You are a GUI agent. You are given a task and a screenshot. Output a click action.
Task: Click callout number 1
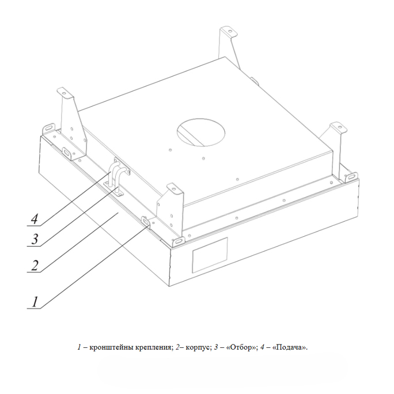point(35,302)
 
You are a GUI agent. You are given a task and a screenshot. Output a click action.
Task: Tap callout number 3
point(35,239)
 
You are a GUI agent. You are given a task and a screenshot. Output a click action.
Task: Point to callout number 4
point(35,218)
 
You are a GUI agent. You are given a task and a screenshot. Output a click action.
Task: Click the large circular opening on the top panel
point(201,132)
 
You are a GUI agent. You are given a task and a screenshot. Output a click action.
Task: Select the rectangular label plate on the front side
point(210,255)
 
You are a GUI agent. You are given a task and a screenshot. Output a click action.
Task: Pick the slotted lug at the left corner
point(50,127)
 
